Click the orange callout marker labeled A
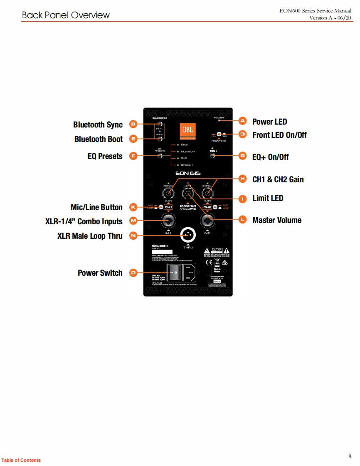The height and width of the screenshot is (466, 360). [243, 121]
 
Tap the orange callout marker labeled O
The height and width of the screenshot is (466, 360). [133, 273]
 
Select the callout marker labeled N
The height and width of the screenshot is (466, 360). [133, 236]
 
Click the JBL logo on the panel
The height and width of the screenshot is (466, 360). [187, 131]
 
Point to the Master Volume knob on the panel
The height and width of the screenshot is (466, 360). [187, 194]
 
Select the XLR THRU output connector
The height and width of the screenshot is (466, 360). [188, 235]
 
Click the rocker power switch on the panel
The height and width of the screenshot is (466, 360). [175, 273]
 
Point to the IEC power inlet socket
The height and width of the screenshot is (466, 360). [190, 273]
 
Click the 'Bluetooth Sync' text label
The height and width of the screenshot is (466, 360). [98, 125]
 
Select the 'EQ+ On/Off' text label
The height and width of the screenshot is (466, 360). [271, 157]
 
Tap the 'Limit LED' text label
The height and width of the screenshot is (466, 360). [268, 198]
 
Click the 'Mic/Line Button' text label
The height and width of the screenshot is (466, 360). [97, 207]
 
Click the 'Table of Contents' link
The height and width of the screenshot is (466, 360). [21, 460]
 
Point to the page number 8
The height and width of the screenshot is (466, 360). [350, 456]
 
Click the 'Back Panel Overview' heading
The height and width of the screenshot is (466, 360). [66, 15]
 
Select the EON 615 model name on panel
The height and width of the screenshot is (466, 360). [187, 174]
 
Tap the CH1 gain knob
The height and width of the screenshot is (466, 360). [168, 194]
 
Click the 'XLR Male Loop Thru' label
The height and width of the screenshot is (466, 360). [90, 236]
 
